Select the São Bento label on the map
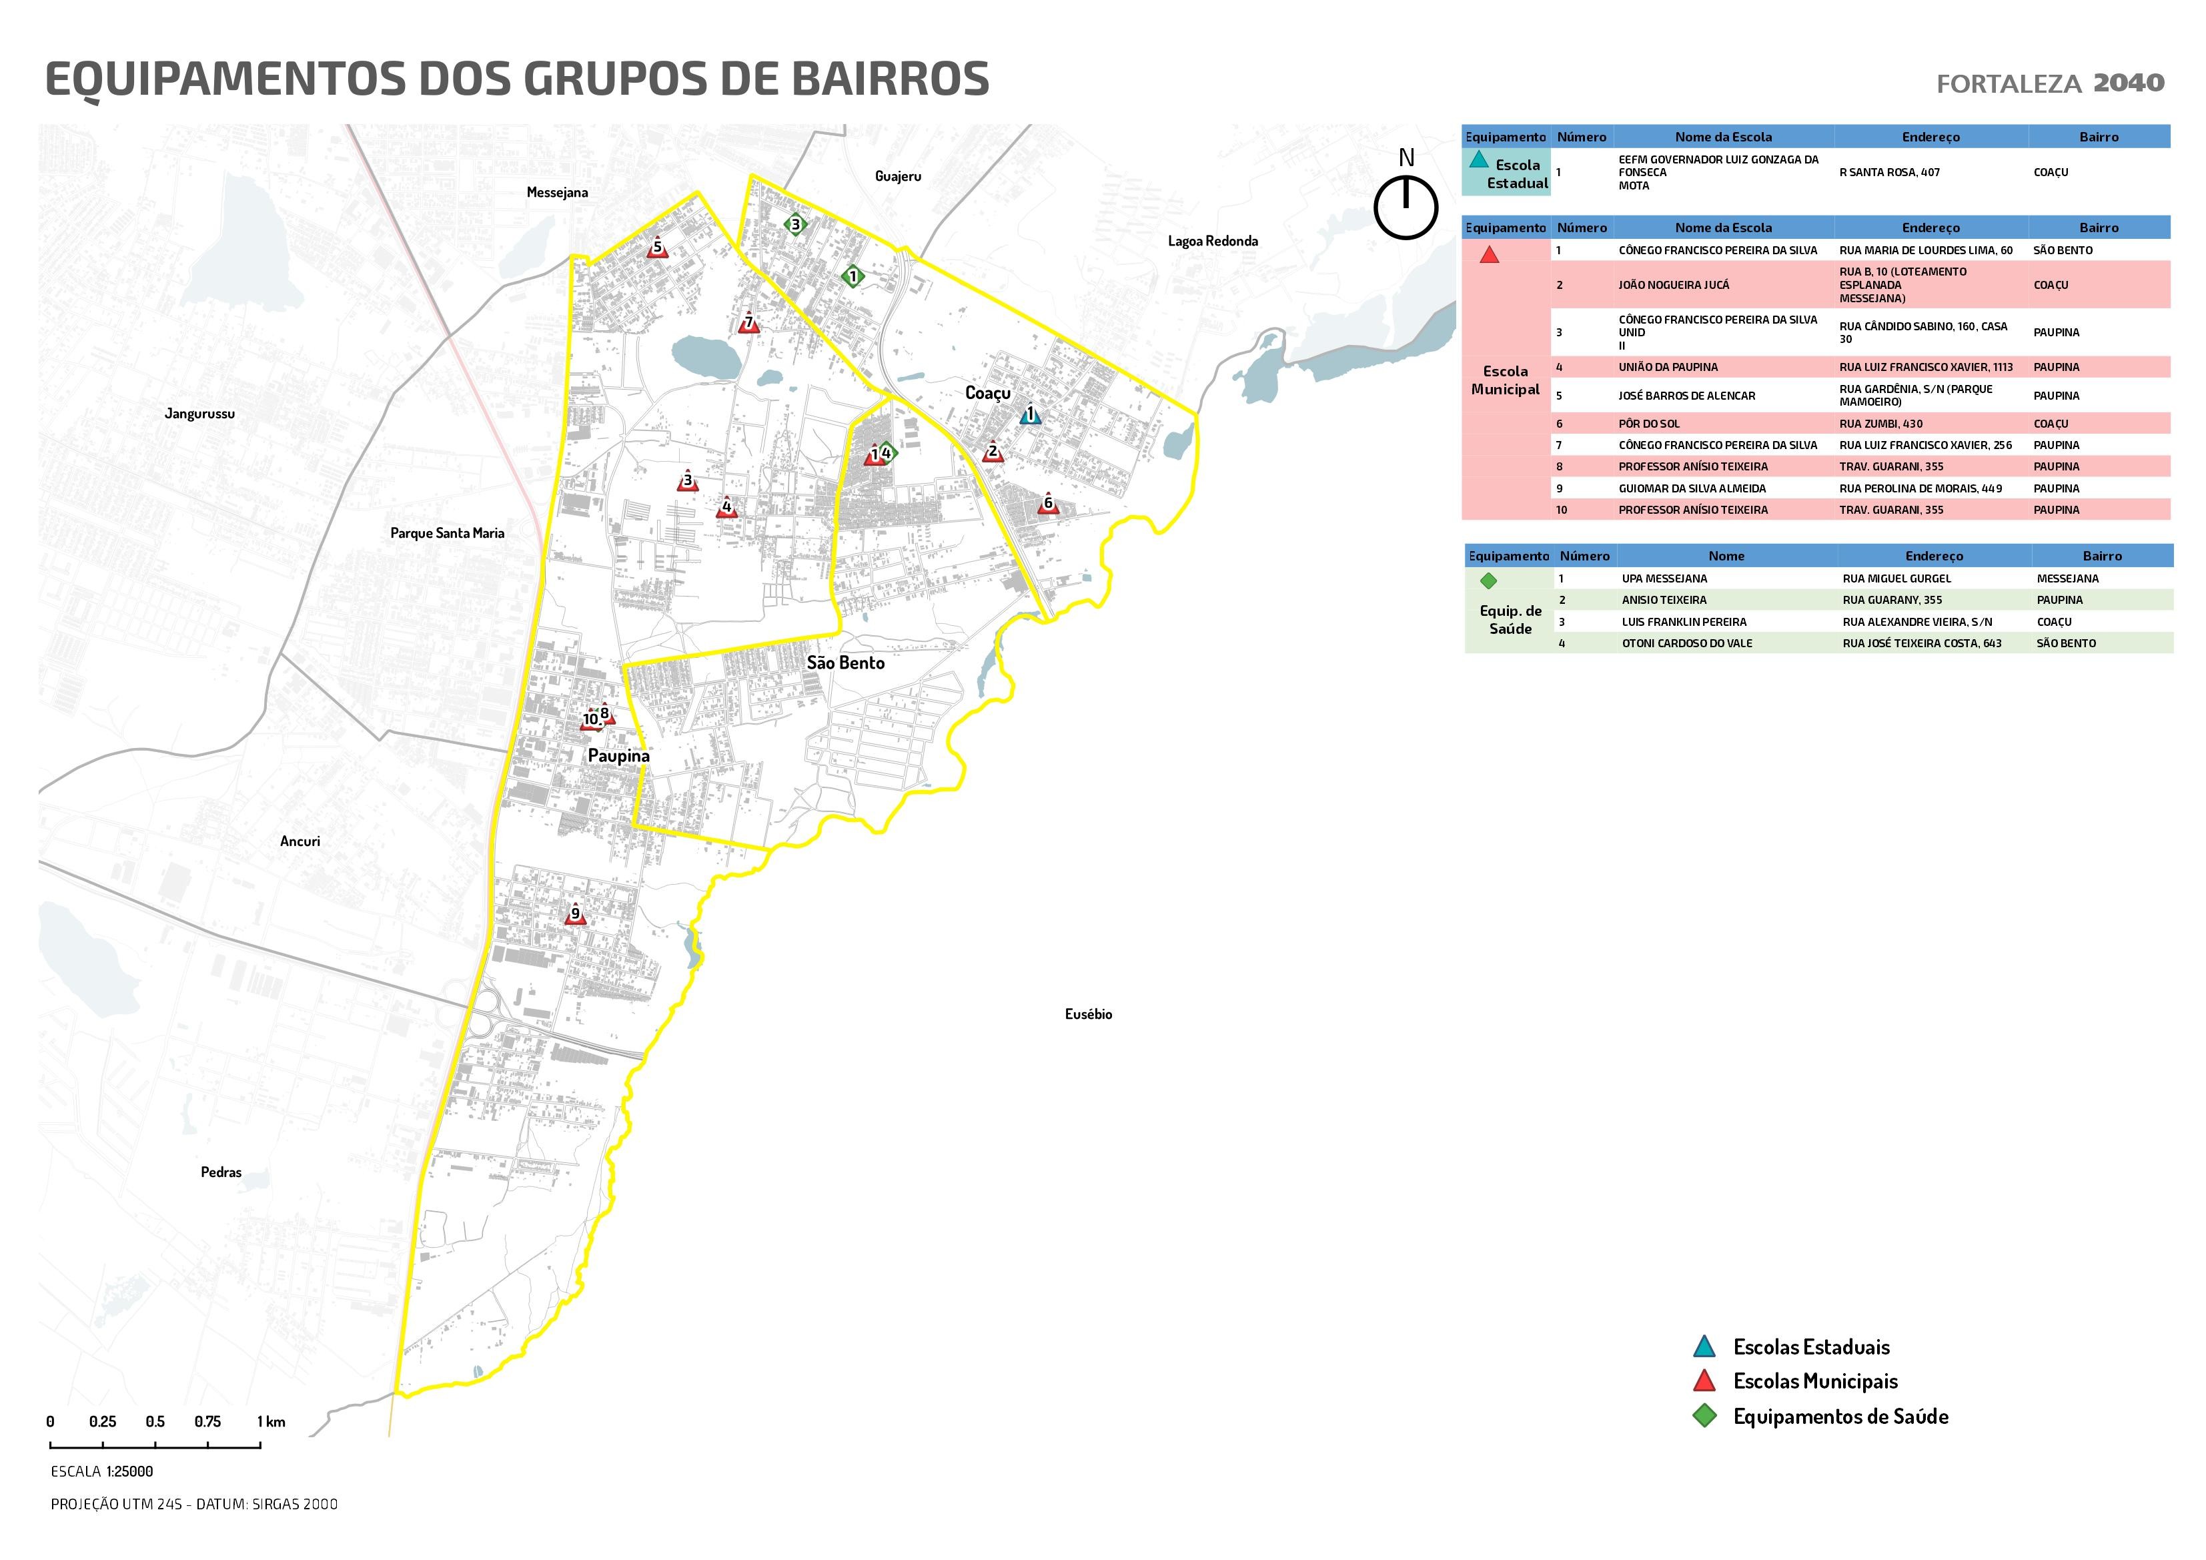(x=845, y=663)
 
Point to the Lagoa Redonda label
(x=1213, y=242)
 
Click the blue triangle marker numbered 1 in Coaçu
(x=1030, y=415)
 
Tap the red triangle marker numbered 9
(x=576, y=914)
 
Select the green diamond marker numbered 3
(x=794, y=225)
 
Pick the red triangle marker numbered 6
(x=1048, y=504)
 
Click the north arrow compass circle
(x=1406, y=208)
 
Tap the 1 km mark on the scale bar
(x=271, y=1422)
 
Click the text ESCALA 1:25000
(x=102, y=1471)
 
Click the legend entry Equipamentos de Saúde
(x=1840, y=1417)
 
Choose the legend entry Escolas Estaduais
(x=1810, y=1348)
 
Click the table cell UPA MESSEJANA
(x=1664, y=578)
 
